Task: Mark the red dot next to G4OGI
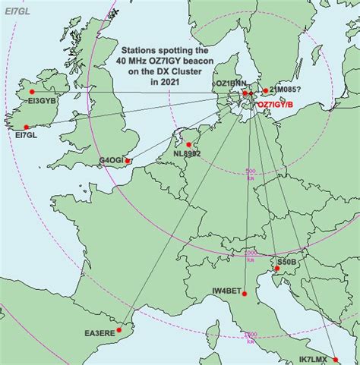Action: (x=128, y=161)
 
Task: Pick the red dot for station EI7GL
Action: (x=27, y=127)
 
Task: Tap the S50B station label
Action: (x=286, y=261)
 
